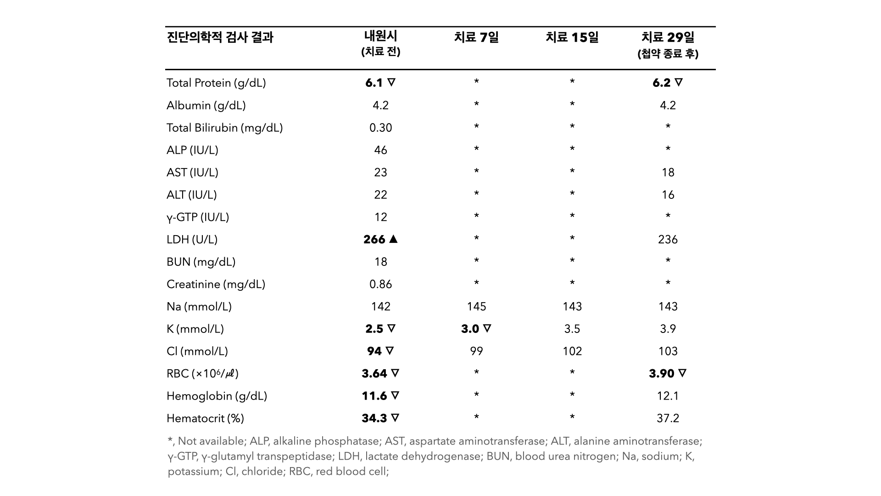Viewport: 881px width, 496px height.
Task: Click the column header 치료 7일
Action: tap(476, 37)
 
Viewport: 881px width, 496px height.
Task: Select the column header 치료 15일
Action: tap(572, 37)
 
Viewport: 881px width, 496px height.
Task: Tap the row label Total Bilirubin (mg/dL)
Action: tap(224, 128)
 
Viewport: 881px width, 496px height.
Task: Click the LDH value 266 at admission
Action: tap(374, 239)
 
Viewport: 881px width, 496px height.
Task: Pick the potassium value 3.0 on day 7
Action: tap(470, 329)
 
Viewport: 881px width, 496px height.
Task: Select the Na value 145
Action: tap(476, 306)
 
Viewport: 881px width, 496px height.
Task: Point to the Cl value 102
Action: tap(572, 351)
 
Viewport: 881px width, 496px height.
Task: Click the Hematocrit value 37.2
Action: tap(668, 418)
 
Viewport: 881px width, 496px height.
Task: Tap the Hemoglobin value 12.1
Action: tap(668, 396)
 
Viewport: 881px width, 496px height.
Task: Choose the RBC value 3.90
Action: tap(662, 373)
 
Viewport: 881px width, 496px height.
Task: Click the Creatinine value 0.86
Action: tap(380, 284)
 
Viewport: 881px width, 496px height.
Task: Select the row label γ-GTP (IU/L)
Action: tap(198, 217)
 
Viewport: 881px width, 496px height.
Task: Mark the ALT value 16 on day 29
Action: tap(668, 195)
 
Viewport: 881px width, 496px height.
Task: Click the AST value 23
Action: tap(380, 172)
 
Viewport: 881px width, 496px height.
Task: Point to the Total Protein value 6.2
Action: tap(662, 83)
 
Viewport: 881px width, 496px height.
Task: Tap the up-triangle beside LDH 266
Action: tap(393, 239)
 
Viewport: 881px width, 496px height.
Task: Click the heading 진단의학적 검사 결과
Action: tap(220, 37)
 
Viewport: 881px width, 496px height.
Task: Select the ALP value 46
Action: tap(380, 150)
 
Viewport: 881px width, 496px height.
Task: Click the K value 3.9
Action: tap(668, 329)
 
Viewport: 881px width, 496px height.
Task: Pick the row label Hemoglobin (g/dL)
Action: tap(217, 396)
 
